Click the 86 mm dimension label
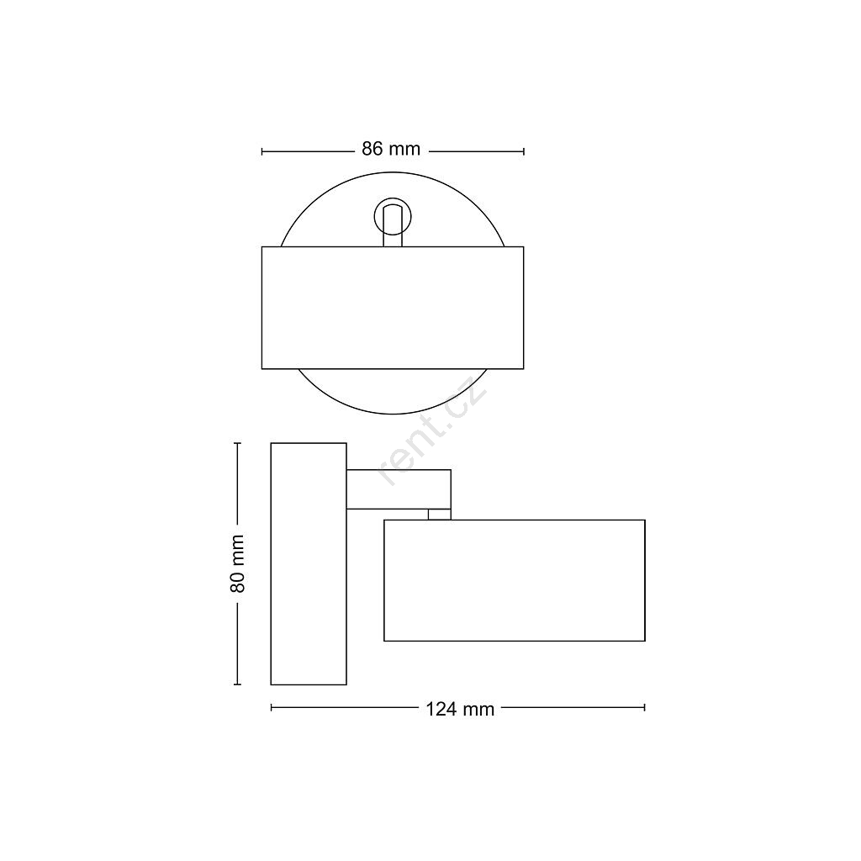[391, 149]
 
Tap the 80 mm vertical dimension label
[237, 563]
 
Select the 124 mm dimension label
[460, 709]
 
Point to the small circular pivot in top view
[393, 217]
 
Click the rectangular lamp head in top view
[393, 308]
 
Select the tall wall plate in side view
[309, 563]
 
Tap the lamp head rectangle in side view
[515, 580]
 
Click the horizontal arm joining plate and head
[399, 489]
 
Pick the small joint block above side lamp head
[439, 515]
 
